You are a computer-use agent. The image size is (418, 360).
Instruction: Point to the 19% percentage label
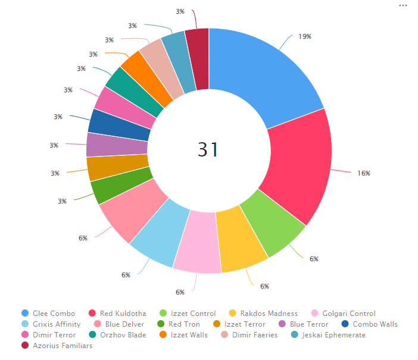pyautogui.click(x=305, y=36)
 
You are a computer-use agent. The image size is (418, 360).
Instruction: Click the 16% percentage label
pyautogui.click(x=364, y=173)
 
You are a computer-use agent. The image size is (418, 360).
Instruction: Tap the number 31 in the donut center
pyautogui.click(x=208, y=150)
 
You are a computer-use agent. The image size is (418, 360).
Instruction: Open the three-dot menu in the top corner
pyautogui.click(x=403, y=5)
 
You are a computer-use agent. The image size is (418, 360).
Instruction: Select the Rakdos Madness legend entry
pyautogui.click(x=269, y=313)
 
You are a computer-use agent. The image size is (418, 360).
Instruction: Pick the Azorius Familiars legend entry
pyautogui.click(x=63, y=346)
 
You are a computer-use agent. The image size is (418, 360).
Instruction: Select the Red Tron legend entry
pyautogui.click(x=183, y=324)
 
